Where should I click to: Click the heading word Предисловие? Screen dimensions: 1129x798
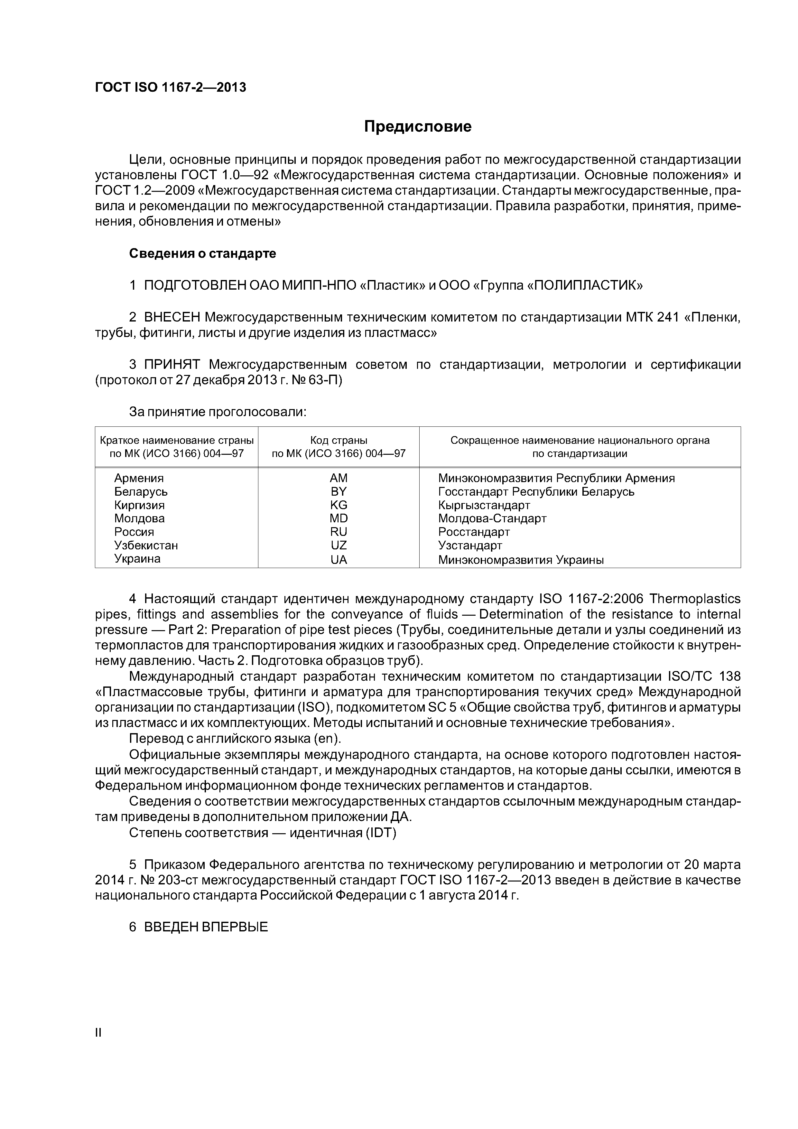417,127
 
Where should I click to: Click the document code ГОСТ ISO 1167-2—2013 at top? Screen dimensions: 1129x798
170,88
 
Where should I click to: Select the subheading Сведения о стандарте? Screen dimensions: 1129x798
203,254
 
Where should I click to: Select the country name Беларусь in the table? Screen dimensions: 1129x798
141,492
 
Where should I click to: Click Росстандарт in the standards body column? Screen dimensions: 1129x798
474,532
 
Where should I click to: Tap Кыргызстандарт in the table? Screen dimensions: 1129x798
484,505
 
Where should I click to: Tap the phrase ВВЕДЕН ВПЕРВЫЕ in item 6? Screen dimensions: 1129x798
206,927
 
